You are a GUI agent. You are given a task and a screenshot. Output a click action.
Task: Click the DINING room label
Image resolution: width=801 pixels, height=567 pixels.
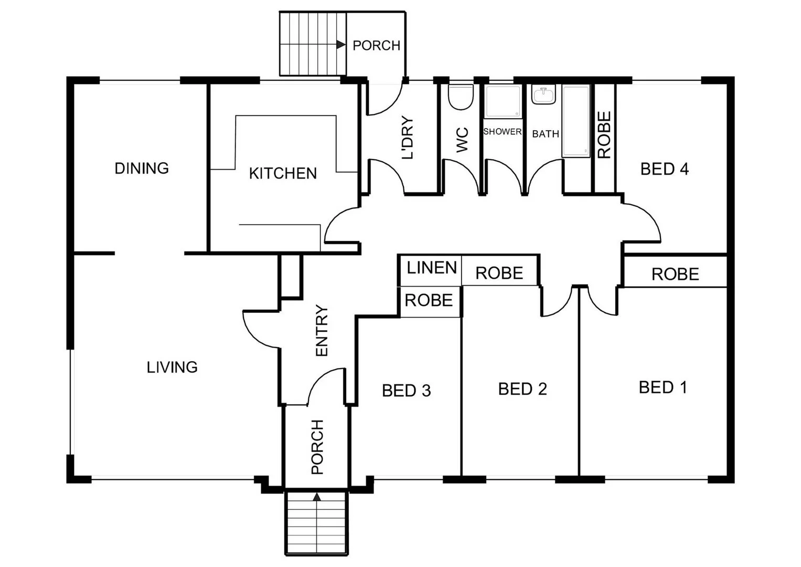pos(142,169)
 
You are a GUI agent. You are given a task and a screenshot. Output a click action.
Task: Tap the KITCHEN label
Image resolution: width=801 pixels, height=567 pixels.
pos(283,173)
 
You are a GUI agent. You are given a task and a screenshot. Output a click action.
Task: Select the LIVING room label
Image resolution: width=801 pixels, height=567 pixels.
pos(172,367)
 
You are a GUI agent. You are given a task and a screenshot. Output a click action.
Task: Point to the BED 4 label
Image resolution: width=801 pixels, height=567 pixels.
pos(664,169)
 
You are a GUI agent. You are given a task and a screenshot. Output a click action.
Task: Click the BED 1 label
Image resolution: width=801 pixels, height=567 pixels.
pos(663,387)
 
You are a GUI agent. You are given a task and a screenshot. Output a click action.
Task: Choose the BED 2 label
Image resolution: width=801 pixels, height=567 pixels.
pos(522,389)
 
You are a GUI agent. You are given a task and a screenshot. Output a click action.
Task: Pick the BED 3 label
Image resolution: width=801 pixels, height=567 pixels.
pos(406,391)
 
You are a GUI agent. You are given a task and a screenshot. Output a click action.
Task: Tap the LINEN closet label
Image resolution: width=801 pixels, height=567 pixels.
pos(432,268)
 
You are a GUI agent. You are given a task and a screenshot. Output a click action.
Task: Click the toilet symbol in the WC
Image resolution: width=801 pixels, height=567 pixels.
pos(461,97)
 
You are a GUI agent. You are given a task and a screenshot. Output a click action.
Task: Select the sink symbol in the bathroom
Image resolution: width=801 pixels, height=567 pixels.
pos(543,96)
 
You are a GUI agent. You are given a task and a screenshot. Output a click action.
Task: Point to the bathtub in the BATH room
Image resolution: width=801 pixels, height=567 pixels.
pos(576,121)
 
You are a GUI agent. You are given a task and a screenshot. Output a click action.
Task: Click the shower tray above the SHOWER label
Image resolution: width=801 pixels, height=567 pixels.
pos(503,102)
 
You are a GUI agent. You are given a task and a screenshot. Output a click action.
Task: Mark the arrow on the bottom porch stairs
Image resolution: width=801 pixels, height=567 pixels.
pos(317,496)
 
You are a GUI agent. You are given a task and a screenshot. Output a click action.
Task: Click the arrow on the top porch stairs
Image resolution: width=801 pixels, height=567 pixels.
pos(340,45)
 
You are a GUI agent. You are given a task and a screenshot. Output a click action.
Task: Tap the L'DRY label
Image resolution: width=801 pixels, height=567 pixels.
pos(408,138)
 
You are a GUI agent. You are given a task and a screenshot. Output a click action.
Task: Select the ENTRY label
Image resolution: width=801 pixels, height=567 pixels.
pos(321,331)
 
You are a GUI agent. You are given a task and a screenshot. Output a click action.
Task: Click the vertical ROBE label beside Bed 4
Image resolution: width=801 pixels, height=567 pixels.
pos(604,135)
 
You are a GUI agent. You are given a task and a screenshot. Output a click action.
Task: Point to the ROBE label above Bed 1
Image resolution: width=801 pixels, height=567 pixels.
pos(675,274)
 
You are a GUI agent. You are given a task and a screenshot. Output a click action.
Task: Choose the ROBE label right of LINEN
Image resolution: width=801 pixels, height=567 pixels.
pos(499,273)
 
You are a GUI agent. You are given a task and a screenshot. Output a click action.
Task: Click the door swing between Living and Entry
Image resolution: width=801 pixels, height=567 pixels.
pos(260,328)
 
